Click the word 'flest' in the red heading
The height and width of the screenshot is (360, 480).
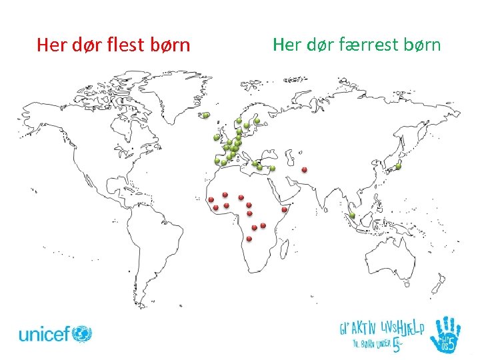127,45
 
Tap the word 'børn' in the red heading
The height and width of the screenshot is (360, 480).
170,45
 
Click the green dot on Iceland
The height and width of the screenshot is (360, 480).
206,115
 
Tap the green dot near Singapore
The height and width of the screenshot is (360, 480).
351,215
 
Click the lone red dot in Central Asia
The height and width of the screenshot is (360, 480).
304,170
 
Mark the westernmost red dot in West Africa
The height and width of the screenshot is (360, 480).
211,199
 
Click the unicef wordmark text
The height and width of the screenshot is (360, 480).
43,333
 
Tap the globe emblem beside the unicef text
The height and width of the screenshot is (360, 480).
82,333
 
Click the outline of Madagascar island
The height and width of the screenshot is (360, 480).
287,250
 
